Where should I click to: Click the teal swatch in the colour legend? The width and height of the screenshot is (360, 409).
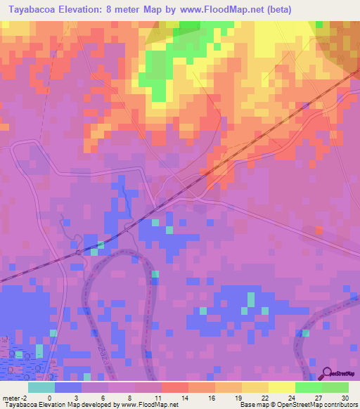click(41, 387)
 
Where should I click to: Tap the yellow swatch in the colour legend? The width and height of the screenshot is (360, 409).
click(282, 387)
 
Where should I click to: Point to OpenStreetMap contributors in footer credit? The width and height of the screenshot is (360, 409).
click(327, 405)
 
